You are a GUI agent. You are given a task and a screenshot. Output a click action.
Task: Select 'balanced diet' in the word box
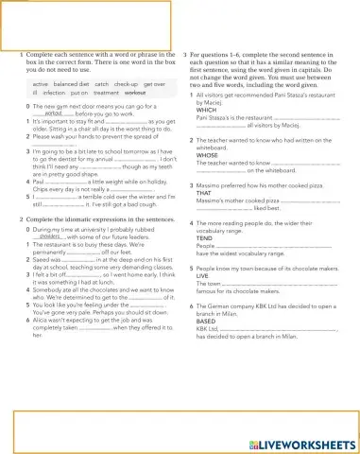click(x=72, y=84)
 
